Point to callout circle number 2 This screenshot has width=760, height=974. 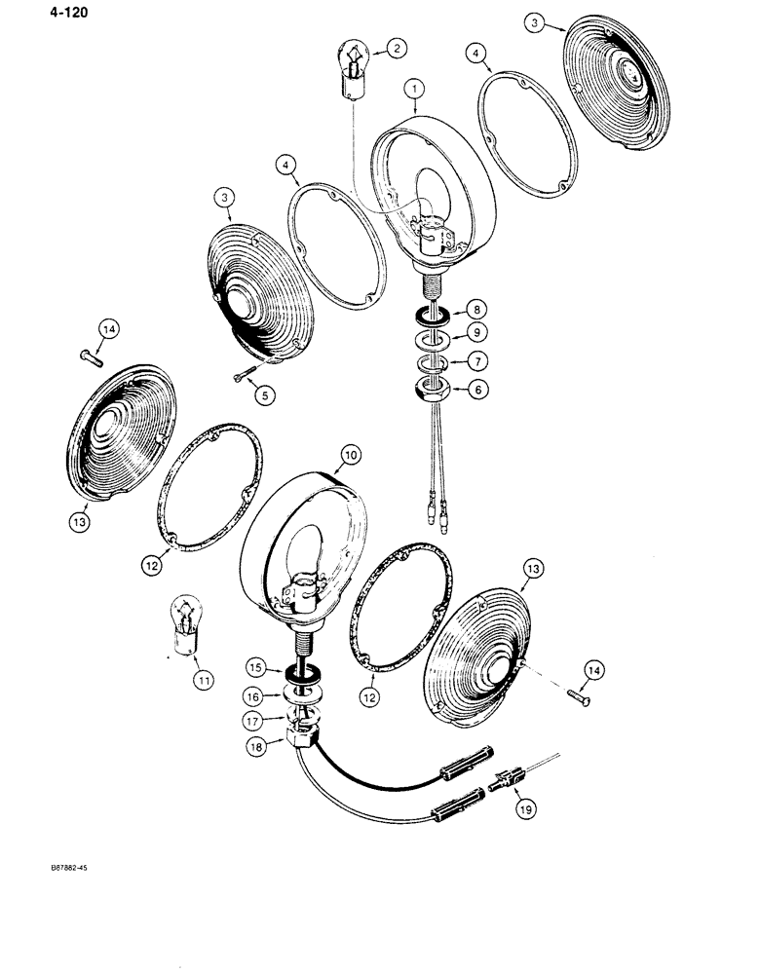pos(396,48)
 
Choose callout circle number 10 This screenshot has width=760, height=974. pos(350,454)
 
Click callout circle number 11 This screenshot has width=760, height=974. pos(202,682)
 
